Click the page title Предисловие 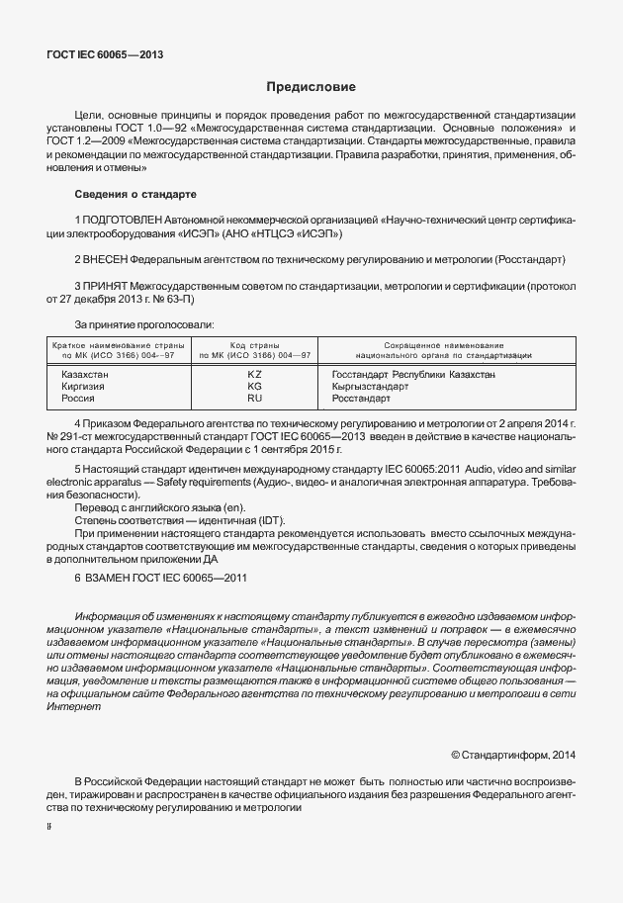[x=310, y=87]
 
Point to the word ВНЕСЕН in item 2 [x=109, y=259]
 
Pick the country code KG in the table [x=254, y=387]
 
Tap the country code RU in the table [x=254, y=399]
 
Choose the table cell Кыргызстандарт [x=371, y=387]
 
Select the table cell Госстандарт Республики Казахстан [x=413, y=375]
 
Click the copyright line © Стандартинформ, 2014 [x=512, y=755]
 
